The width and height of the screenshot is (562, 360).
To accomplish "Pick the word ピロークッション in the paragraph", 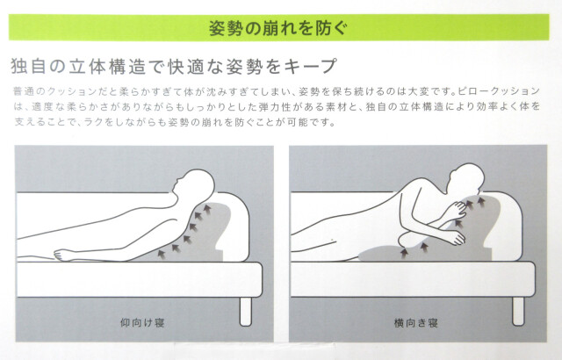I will click(502, 91).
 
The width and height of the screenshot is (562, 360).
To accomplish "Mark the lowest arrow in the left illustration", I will click(160, 252).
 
